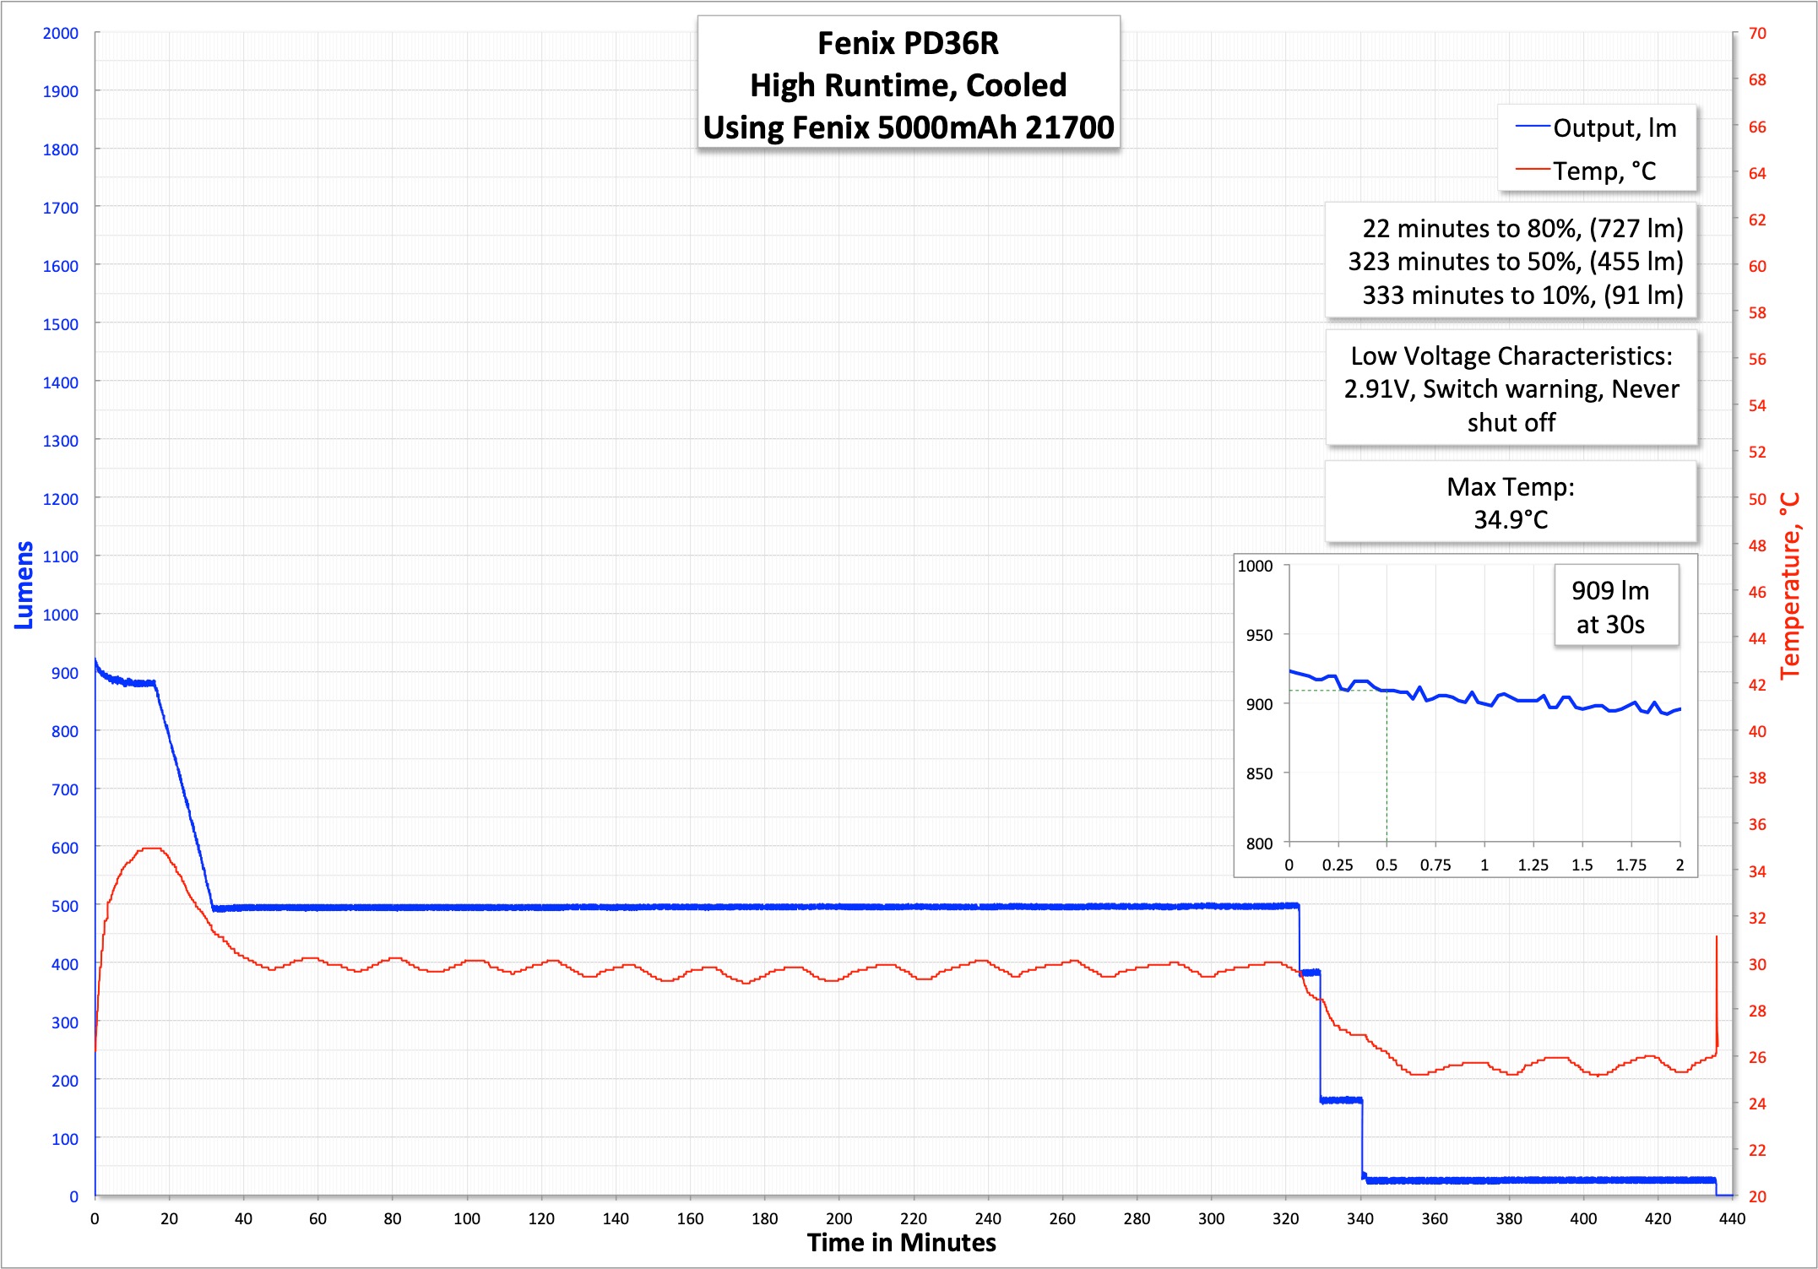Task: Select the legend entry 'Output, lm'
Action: pos(1614,128)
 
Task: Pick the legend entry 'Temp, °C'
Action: pos(1604,171)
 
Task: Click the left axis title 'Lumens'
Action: pos(24,585)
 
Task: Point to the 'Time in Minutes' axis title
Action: pos(901,1243)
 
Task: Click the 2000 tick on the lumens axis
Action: pos(60,34)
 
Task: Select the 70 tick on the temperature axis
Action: pos(1757,34)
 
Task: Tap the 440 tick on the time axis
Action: pos(1732,1218)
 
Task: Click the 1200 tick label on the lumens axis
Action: pos(60,499)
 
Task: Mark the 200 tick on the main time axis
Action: pos(838,1218)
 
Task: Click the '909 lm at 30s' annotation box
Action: pos(1610,607)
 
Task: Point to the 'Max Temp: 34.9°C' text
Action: pos(1511,503)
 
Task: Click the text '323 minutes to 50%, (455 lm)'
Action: pos(1515,262)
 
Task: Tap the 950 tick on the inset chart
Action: pos(1259,635)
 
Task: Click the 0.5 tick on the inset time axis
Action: pos(1387,865)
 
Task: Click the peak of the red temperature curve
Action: pos(152,849)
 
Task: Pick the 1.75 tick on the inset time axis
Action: pos(1631,865)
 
